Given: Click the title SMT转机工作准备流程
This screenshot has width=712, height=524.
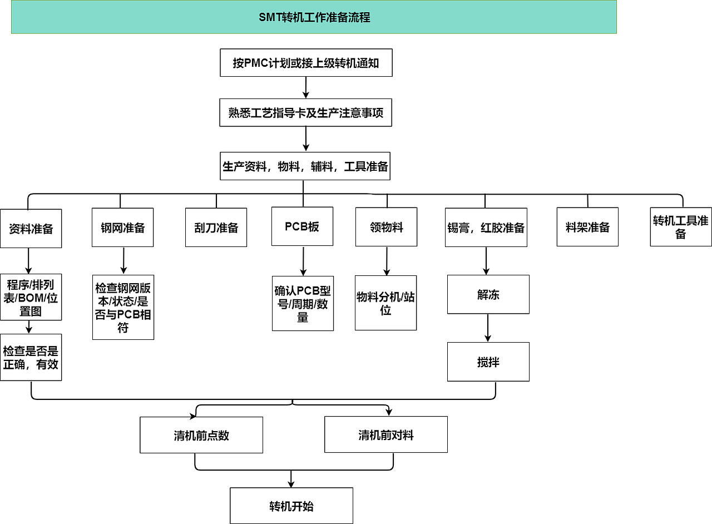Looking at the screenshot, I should pyautogui.click(x=314, y=17).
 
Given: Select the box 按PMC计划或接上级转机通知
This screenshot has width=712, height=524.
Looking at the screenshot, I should pyautogui.click(x=306, y=63).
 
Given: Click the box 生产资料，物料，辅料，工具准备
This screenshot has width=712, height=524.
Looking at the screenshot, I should pyautogui.click(x=305, y=166).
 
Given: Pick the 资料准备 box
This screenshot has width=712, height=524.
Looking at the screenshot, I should pyautogui.click(x=31, y=228).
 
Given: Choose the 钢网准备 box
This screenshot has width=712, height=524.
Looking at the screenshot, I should pyautogui.click(x=122, y=228).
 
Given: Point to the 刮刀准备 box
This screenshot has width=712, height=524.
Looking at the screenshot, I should pyautogui.click(x=216, y=228).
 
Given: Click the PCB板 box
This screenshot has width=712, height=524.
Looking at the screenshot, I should pyautogui.click(x=302, y=226).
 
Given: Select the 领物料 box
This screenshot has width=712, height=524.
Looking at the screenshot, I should pyautogui.click(x=386, y=227).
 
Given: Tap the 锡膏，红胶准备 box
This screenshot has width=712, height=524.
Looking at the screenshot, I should pyautogui.click(x=486, y=228).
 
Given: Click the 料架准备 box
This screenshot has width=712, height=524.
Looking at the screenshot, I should pyautogui.click(x=587, y=227).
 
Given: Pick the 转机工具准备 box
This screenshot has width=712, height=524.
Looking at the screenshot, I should pyautogui.click(x=681, y=227).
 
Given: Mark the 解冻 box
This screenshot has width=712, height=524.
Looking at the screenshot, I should pyautogui.click(x=488, y=294).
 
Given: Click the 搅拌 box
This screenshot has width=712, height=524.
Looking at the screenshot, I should pyautogui.click(x=488, y=362).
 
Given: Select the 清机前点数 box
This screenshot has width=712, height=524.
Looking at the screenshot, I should pyautogui.click(x=201, y=435).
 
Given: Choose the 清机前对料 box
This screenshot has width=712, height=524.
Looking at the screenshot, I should pyautogui.click(x=386, y=434).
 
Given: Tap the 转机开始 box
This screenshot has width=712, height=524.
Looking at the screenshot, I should pyautogui.click(x=291, y=506).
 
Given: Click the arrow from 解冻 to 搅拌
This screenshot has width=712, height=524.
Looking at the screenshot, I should pyautogui.click(x=488, y=328).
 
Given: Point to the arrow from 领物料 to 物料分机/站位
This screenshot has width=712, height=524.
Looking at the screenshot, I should pyautogui.click(x=387, y=261).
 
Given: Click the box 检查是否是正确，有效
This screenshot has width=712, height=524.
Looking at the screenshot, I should pyautogui.click(x=31, y=357).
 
